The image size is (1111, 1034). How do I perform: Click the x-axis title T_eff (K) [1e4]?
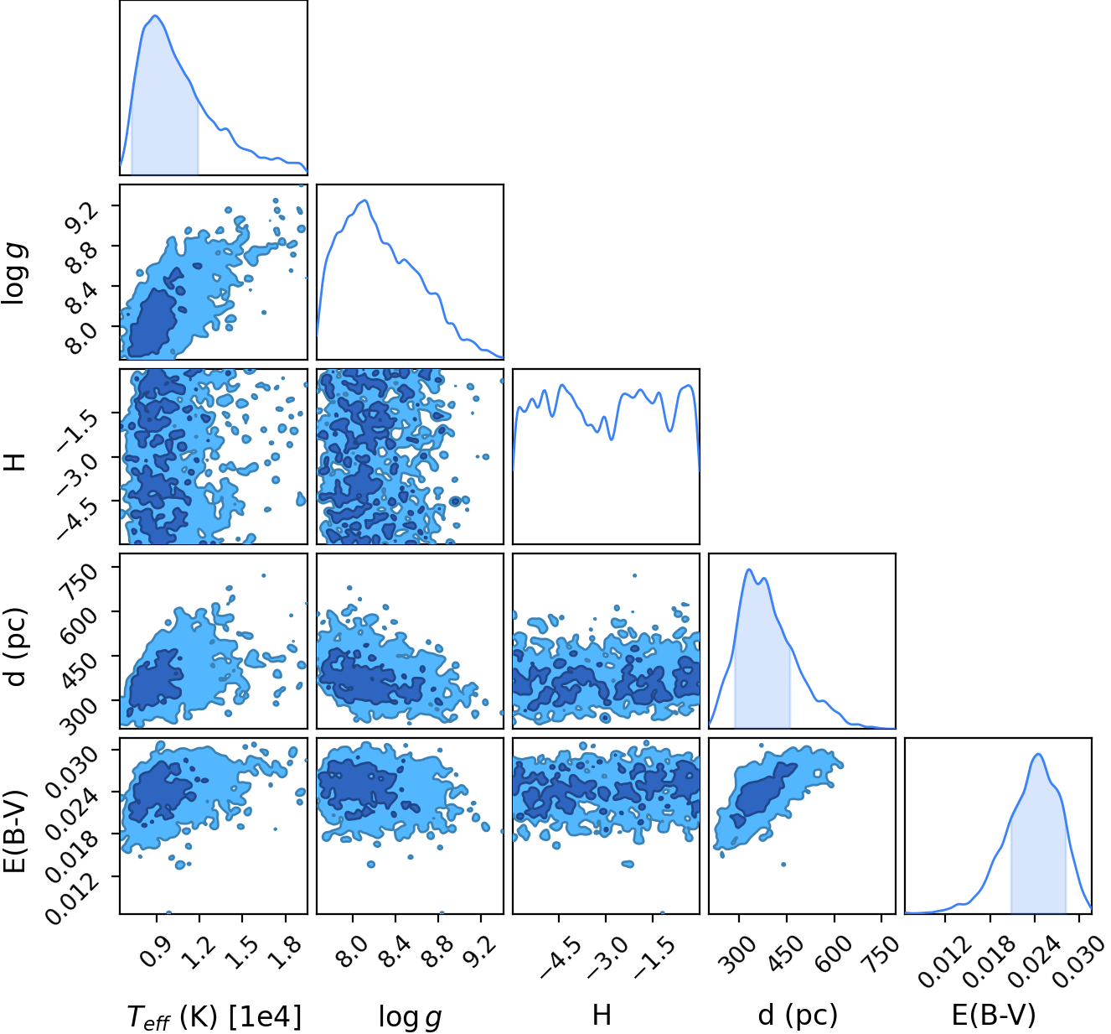[214, 1015]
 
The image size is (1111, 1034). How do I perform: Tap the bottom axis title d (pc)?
[798, 1015]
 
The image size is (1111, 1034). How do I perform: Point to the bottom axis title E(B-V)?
[994, 1015]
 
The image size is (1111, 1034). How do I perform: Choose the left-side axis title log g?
[15, 273]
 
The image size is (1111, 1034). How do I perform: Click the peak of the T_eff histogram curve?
[156, 16]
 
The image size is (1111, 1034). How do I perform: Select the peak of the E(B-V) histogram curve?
[1038, 754]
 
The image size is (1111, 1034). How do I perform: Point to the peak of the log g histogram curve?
[364, 200]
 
